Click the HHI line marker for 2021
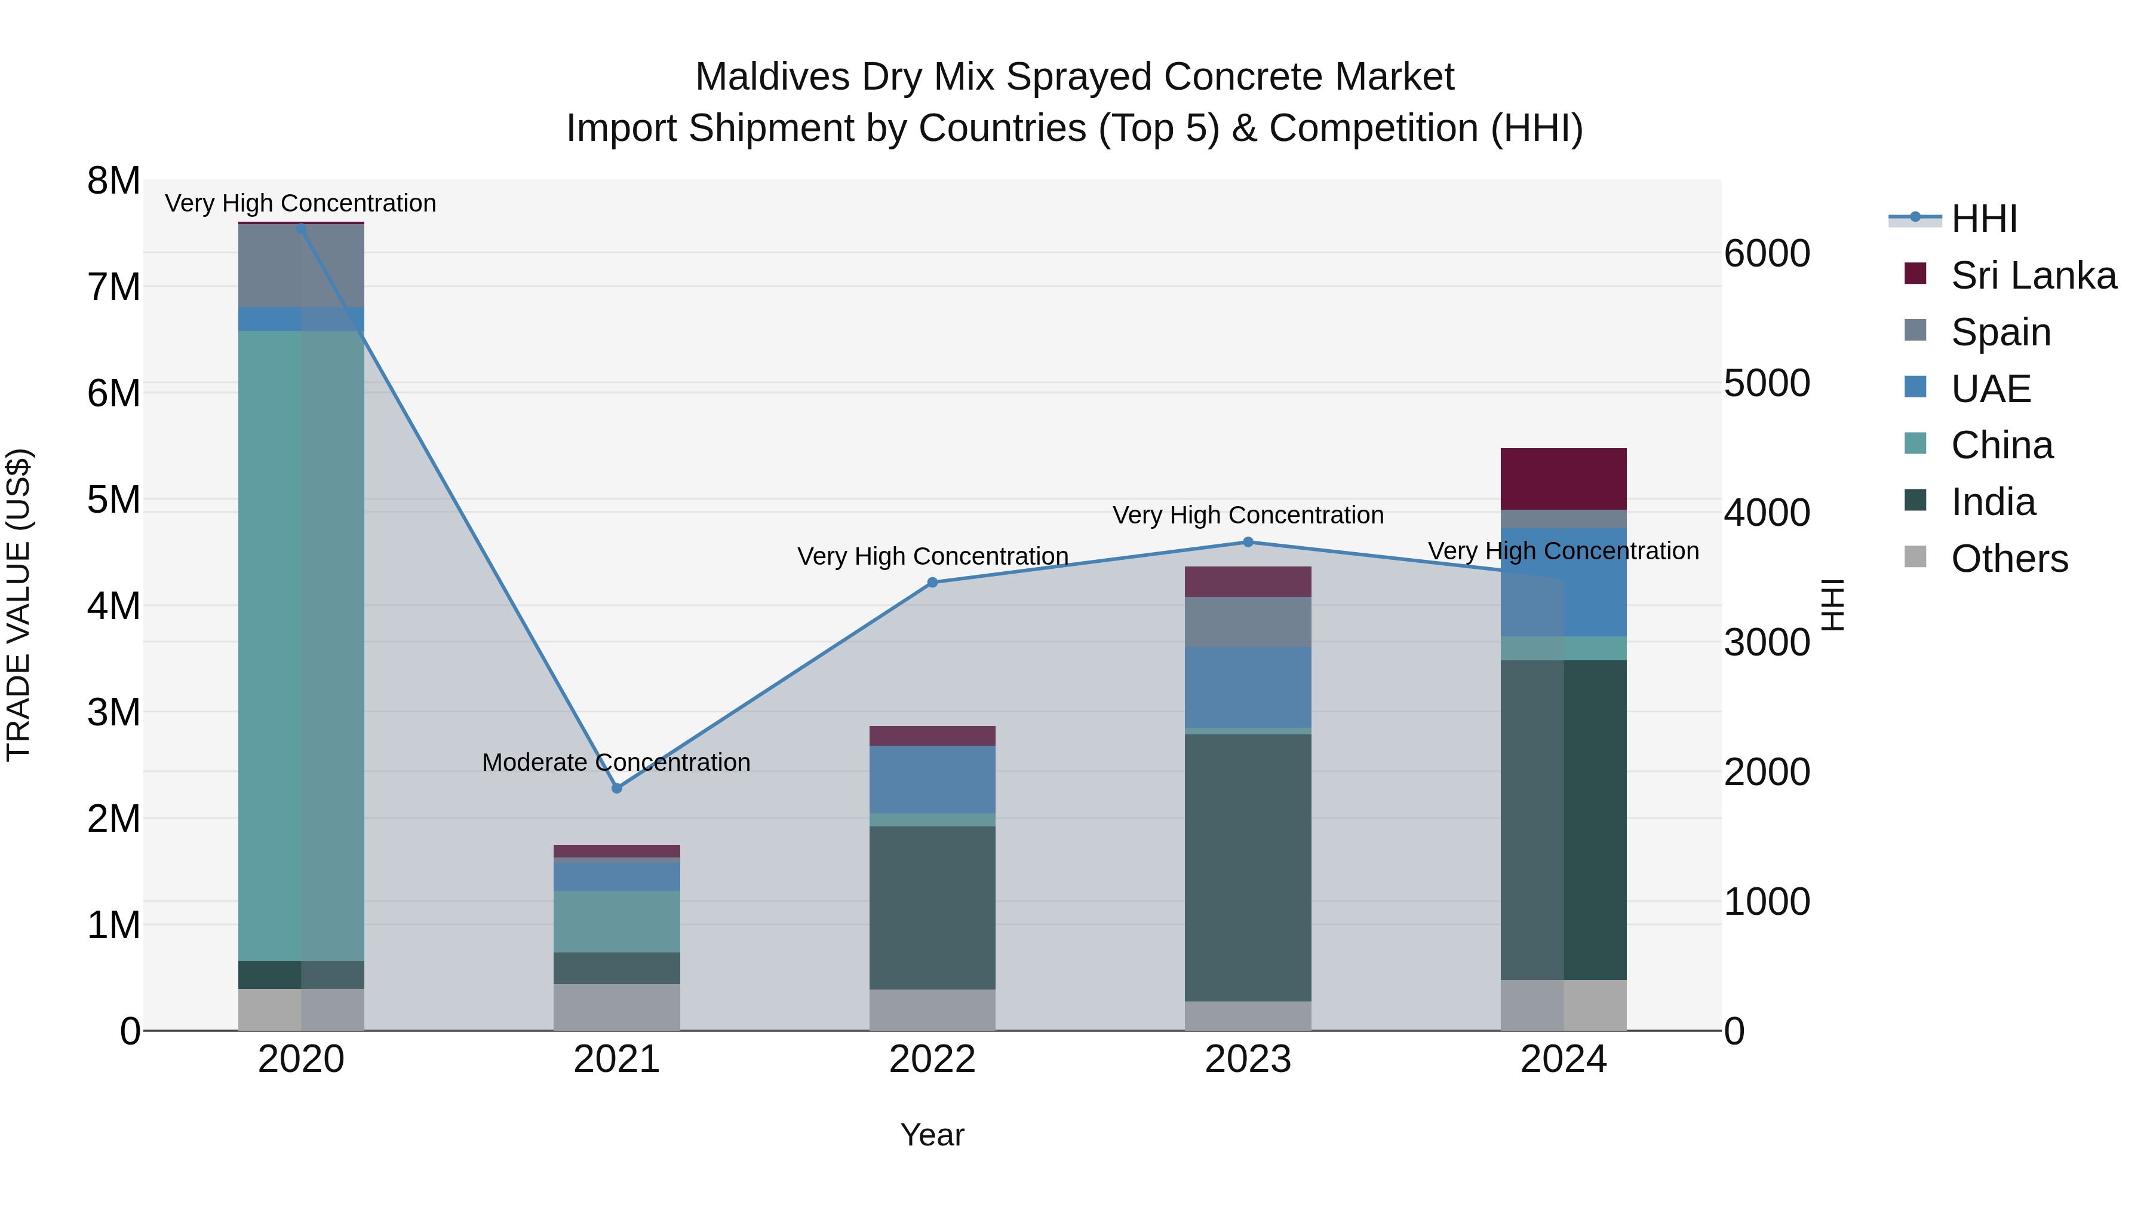coord(617,788)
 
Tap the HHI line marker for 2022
coord(932,583)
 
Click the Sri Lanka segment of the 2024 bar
coord(1564,479)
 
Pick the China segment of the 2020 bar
coord(302,645)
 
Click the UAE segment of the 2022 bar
coord(932,779)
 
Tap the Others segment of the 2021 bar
coord(617,1006)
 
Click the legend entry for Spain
coord(1999,332)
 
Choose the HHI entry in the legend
coord(1983,219)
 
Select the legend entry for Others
coord(2008,559)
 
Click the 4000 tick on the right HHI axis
coord(1766,513)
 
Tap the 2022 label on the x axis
coord(932,1059)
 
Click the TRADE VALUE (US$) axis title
coord(19,605)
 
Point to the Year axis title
coord(932,1135)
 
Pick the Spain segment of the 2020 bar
coord(302,265)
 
